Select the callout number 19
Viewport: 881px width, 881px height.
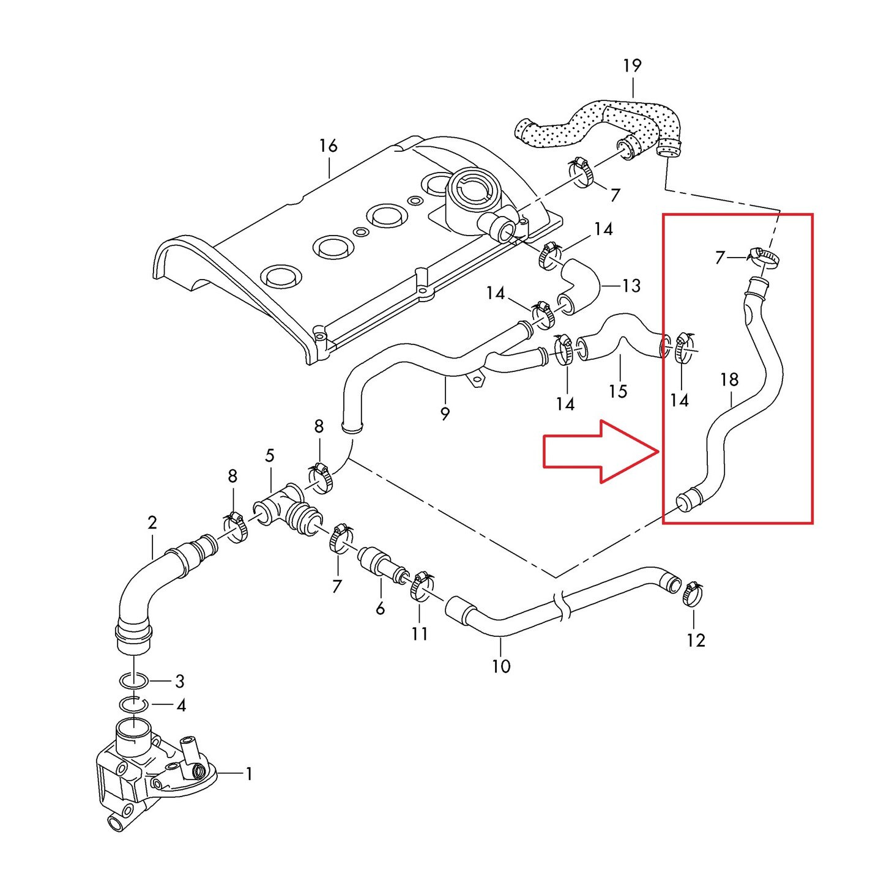(x=632, y=65)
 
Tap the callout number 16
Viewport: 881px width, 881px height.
(x=328, y=146)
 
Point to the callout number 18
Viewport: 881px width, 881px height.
(x=729, y=380)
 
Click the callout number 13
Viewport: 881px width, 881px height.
(x=631, y=286)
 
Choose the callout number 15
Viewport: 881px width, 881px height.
(x=618, y=391)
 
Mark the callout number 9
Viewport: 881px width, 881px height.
(x=445, y=414)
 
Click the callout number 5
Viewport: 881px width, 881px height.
(x=270, y=456)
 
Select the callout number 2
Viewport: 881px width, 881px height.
(x=152, y=522)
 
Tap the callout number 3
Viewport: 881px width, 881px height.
(x=180, y=681)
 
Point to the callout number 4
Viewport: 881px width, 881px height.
(x=181, y=705)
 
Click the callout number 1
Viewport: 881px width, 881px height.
(x=249, y=774)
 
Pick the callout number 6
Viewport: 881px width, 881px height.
(x=380, y=608)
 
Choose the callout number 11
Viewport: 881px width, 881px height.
(x=420, y=634)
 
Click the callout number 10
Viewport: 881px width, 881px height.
(x=501, y=666)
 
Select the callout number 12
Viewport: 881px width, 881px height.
(x=696, y=641)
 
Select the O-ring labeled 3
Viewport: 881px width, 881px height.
(x=133, y=680)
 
